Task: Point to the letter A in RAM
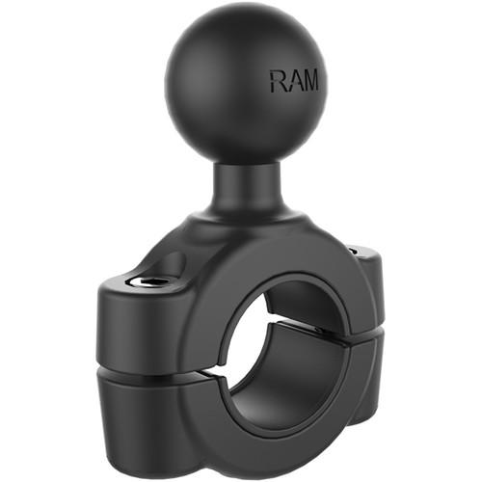pos(296,81)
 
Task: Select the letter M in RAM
pos(313,81)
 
